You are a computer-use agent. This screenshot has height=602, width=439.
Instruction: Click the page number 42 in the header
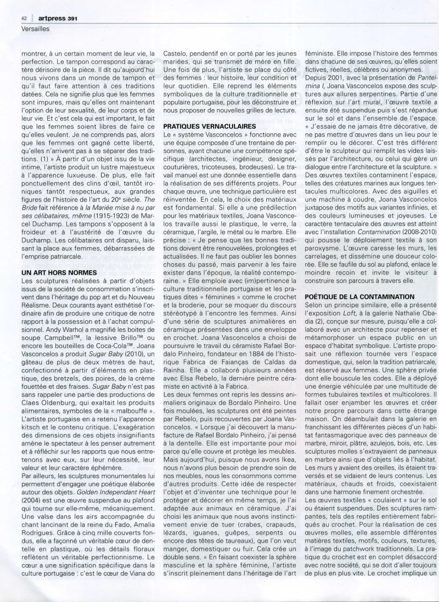click(25, 18)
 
